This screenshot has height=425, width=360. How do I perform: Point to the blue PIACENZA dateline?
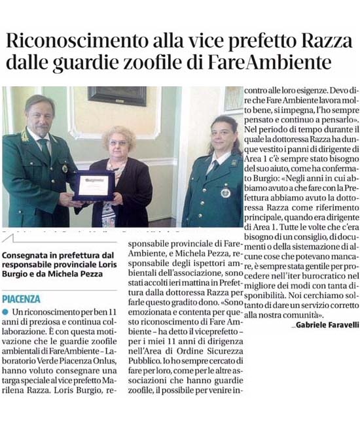point(21,298)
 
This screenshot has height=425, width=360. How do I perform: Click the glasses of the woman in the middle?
point(118,142)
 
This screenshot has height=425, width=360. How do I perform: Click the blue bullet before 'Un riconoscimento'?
point(5,311)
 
